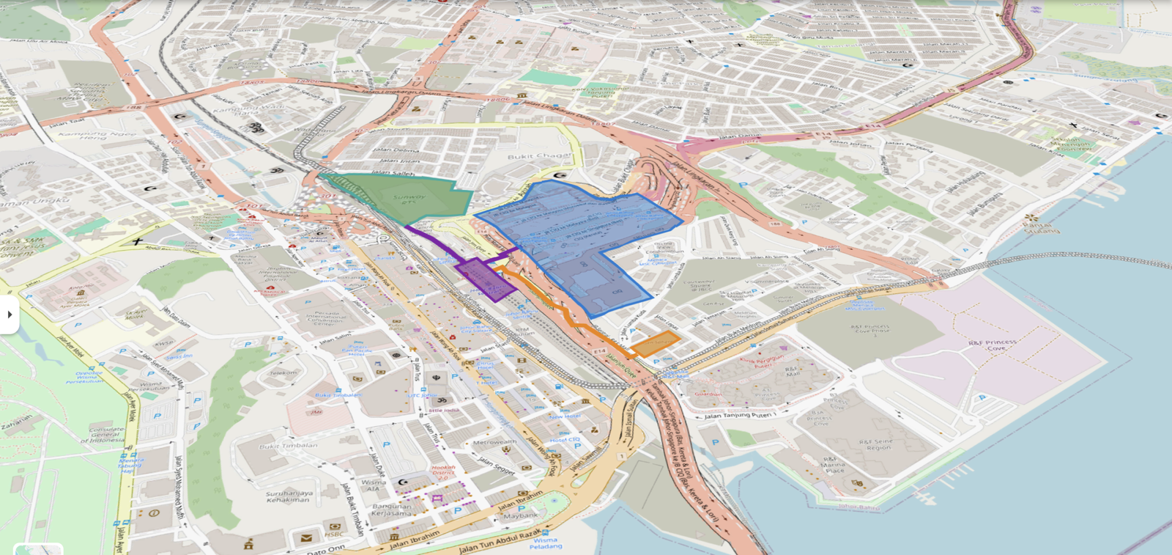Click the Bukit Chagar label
pos(539,156)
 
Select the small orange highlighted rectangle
pos(656,342)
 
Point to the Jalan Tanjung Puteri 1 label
pos(740,416)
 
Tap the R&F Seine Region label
pos(878,444)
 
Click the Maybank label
pos(520,515)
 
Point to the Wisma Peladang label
pos(545,543)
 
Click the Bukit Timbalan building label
pos(288,446)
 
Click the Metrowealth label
pos(494,442)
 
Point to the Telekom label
pos(283,372)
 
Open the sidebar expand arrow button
pos(10,315)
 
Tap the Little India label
pos(443,410)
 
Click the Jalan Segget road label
pos(496,465)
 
